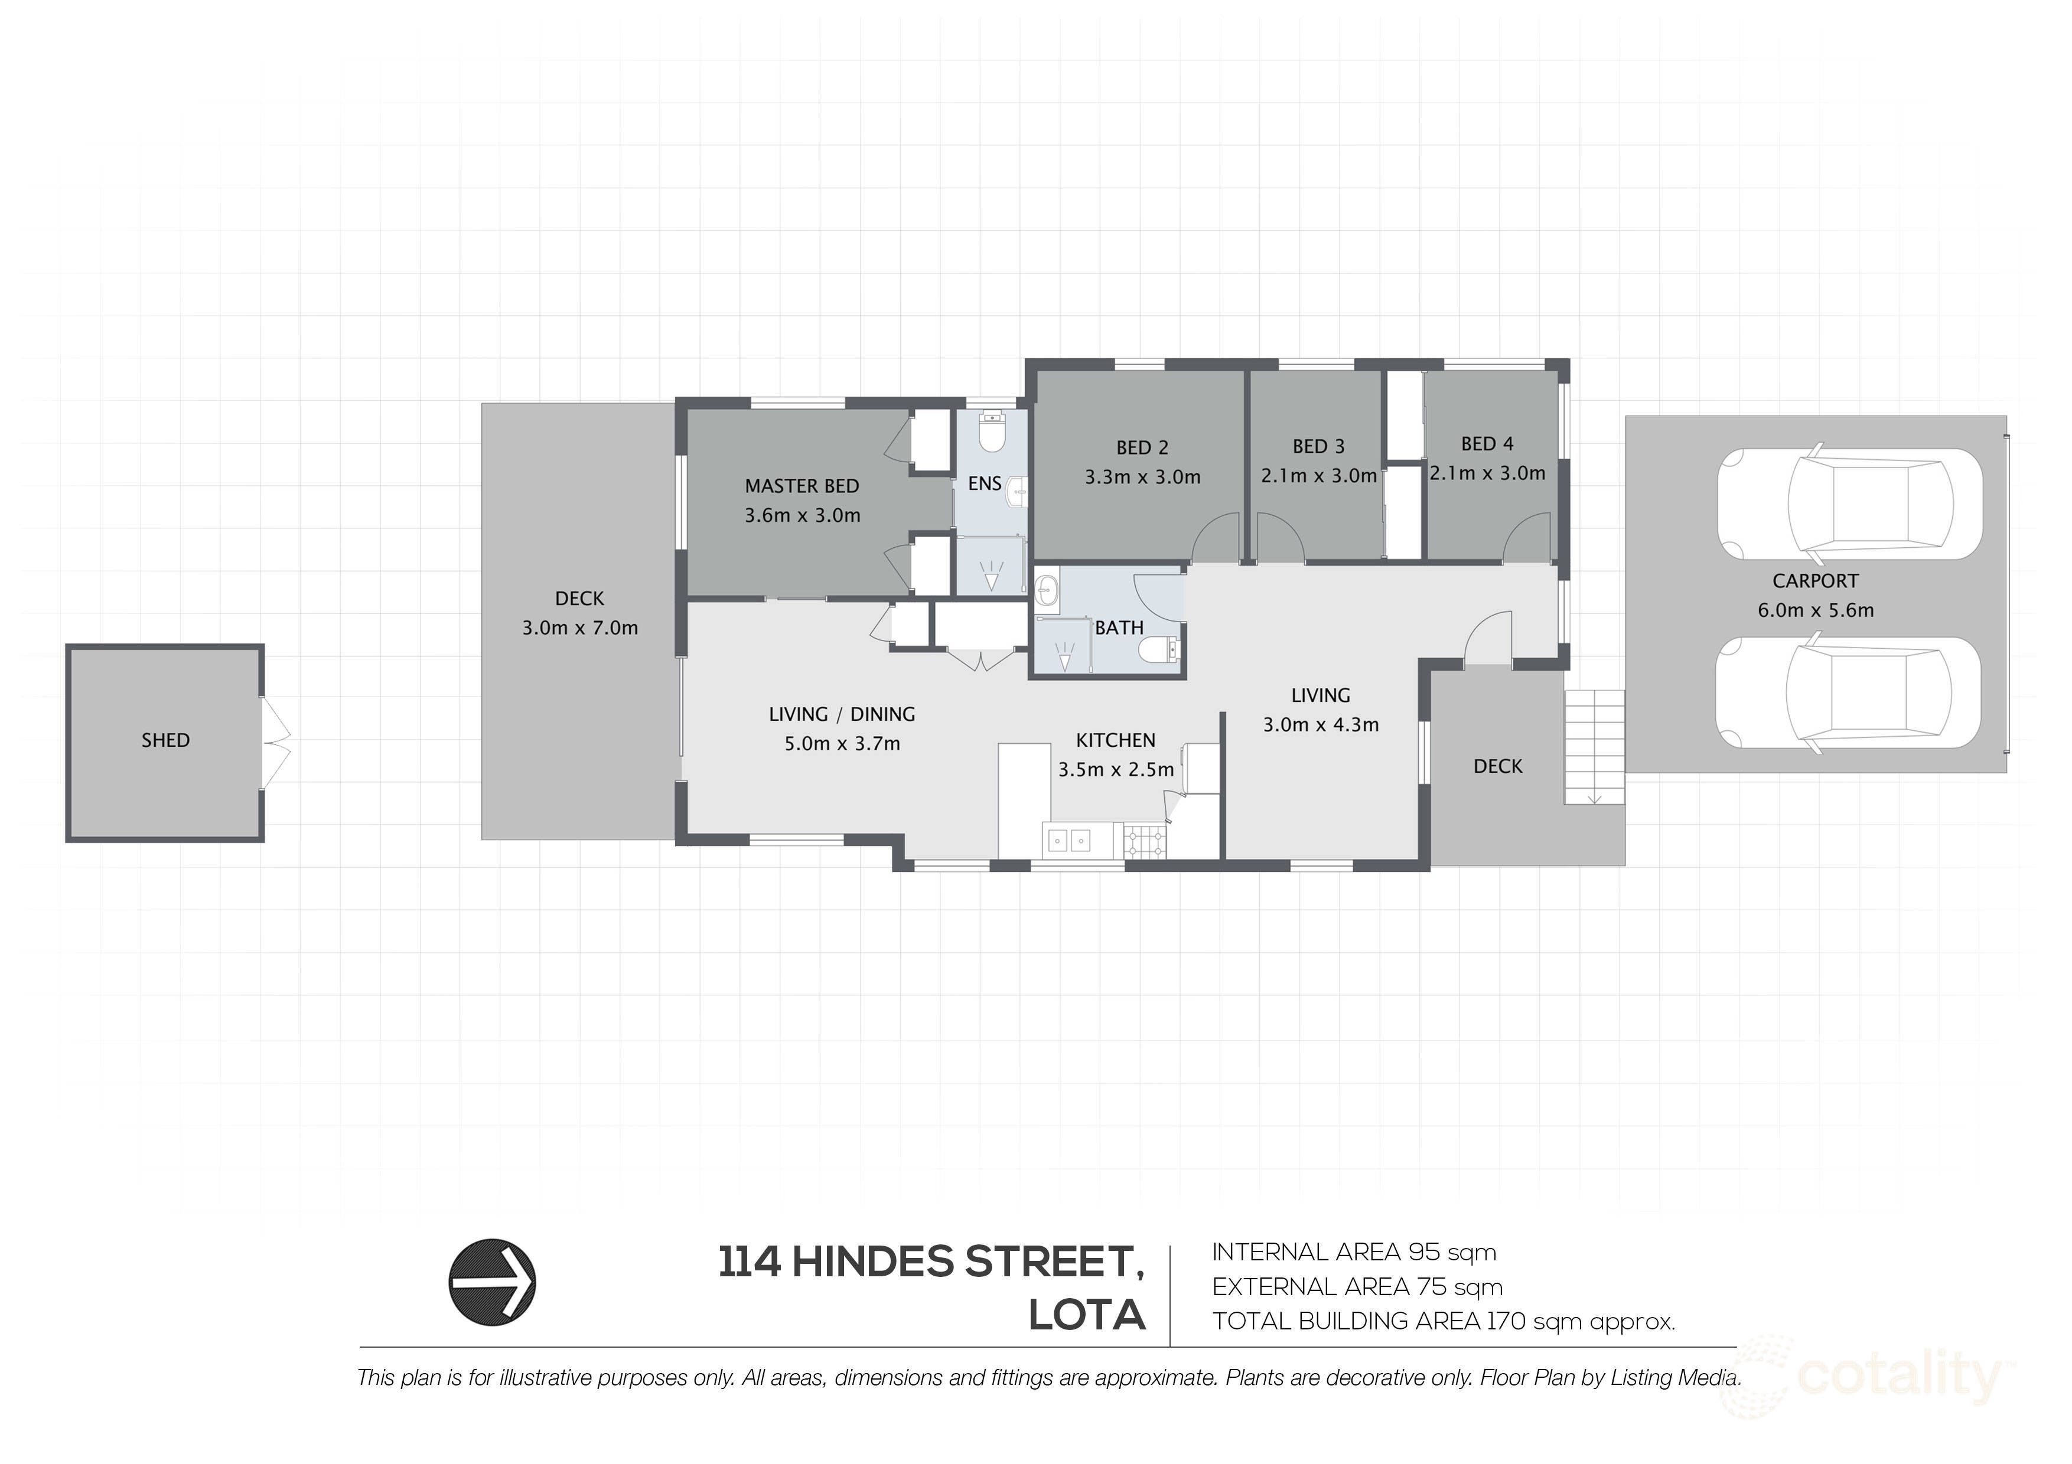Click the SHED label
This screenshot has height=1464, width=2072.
point(165,741)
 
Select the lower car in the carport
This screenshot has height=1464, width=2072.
point(1848,694)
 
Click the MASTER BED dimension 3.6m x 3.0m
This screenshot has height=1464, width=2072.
point(802,516)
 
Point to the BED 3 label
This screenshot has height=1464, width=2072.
point(1318,446)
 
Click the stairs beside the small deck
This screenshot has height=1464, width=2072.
point(1595,747)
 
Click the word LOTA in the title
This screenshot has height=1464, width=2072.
point(1087,1316)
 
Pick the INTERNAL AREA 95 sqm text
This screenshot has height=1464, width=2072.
point(1354,1252)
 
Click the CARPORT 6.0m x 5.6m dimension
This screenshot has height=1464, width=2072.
point(1815,610)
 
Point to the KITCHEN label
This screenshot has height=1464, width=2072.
point(1115,741)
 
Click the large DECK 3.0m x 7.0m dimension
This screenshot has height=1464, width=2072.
point(579,628)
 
